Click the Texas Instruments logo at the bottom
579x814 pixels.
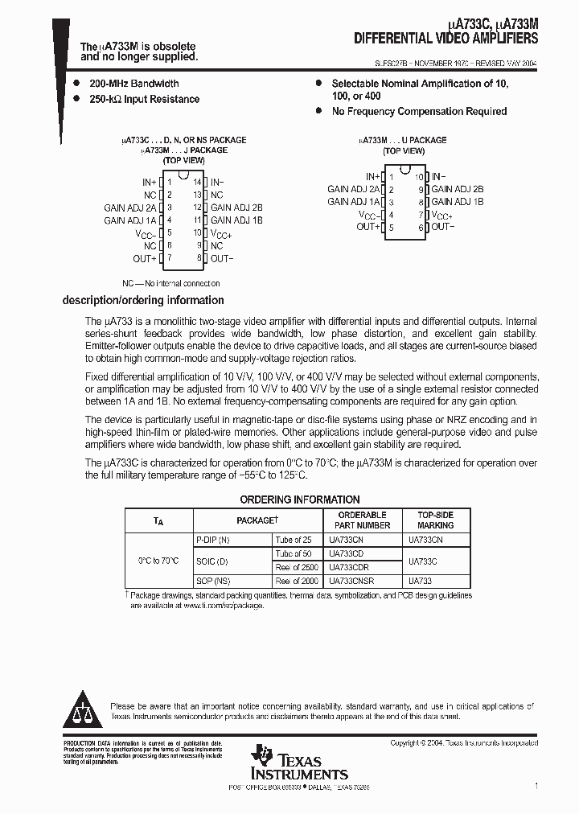299,763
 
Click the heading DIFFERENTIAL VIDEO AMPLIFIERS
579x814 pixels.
446,39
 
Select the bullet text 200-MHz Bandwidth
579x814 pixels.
134,84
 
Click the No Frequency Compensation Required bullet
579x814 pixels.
419,112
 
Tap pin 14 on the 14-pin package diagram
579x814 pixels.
196,183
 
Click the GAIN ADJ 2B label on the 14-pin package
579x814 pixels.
236,208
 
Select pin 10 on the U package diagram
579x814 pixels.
418,176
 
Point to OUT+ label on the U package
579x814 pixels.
368,227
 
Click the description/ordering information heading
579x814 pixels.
143,300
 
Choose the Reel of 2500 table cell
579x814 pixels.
297,567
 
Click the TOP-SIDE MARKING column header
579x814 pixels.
435,520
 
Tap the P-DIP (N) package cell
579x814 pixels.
213,540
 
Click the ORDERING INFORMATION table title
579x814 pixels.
300,499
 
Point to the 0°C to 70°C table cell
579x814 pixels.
159,561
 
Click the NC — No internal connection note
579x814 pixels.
171,283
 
